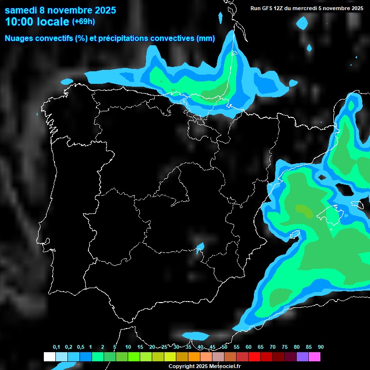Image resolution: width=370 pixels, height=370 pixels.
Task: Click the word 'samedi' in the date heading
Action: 21,10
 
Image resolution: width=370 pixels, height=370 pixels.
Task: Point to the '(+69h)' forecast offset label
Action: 83,21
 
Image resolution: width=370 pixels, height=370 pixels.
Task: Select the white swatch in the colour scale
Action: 49,357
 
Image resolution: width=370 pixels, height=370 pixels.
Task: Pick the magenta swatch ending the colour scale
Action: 314,357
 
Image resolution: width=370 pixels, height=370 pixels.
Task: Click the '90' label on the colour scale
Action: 320,347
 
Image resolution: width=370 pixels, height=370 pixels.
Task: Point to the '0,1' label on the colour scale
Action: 56,347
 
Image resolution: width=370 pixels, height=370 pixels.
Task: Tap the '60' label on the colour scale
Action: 249,347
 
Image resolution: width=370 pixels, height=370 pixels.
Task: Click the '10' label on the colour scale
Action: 128,347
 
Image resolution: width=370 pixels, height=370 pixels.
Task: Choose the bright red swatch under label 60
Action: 254,357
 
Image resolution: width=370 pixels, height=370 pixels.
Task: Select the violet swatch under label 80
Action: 302,357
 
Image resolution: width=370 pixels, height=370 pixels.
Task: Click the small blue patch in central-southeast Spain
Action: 200,247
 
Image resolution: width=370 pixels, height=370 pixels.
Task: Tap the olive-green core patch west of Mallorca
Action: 304,210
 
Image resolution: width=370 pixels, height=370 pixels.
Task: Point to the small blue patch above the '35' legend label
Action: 196,335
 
